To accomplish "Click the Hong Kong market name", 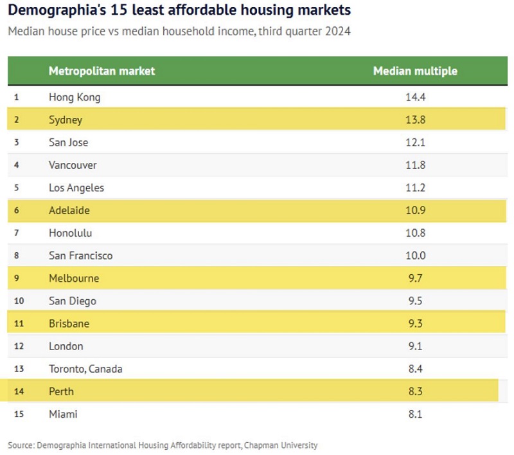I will pyautogui.click(x=75, y=97).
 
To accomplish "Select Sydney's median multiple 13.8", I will pyautogui.click(x=415, y=120).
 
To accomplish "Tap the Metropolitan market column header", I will pyautogui.click(x=102, y=71).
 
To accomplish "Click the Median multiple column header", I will pyautogui.click(x=415, y=71).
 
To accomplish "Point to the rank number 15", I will pyautogui.click(x=18, y=414).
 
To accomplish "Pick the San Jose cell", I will pyautogui.click(x=68, y=142).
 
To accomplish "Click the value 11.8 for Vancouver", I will pyautogui.click(x=415, y=165).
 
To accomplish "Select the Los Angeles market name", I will pyautogui.click(x=76, y=188).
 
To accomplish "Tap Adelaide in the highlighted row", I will pyautogui.click(x=69, y=210).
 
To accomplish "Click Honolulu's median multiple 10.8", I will pyautogui.click(x=415, y=233).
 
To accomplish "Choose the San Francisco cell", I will pyautogui.click(x=80, y=255).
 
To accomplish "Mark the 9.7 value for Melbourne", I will pyautogui.click(x=415, y=278).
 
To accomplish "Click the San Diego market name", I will pyautogui.click(x=72, y=301).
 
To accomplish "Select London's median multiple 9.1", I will pyautogui.click(x=415, y=346).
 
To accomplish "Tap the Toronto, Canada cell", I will pyautogui.click(x=85, y=369).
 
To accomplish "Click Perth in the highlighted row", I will pyautogui.click(x=61, y=391).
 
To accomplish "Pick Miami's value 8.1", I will pyautogui.click(x=415, y=414).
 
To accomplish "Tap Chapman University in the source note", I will pyautogui.click(x=283, y=445).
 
